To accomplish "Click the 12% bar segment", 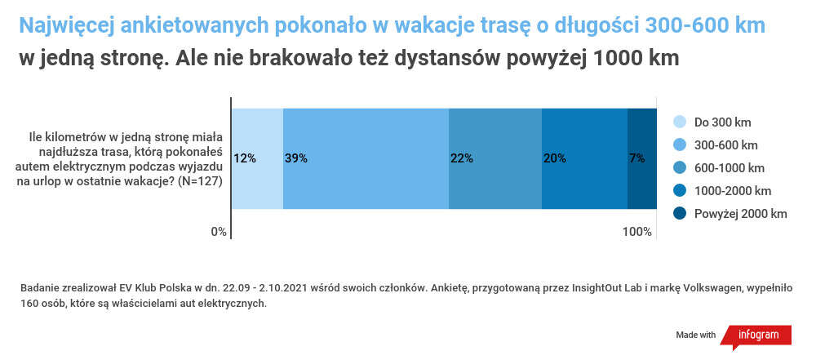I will [x=257, y=158].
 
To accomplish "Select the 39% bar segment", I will [x=366, y=158].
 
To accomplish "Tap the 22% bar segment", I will [x=495, y=158].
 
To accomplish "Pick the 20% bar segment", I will [x=584, y=158].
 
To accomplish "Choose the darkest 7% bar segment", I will [x=641, y=158].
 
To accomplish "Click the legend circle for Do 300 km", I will [x=679, y=122].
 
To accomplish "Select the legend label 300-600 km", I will [x=726, y=145].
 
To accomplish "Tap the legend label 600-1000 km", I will [x=730, y=168].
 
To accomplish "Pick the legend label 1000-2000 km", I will [x=732, y=191].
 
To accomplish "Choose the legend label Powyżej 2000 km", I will [x=740, y=214].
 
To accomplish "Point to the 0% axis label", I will [x=219, y=232].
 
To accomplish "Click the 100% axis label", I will [x=637, y=232].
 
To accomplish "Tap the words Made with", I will [x=695, y=336].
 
